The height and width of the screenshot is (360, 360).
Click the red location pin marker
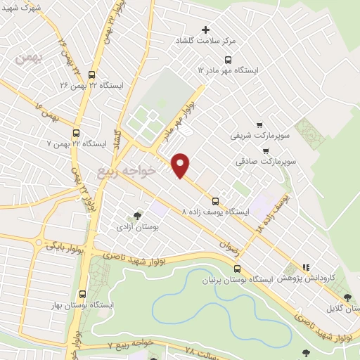coord(181,165)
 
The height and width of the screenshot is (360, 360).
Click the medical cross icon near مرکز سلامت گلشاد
coord(205,30)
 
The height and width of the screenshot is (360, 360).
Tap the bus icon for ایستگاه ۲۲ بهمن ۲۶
coord(92,73)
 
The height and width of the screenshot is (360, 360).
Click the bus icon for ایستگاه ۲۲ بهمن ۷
coord(76,132)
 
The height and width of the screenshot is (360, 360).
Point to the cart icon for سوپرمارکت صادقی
coord(265,150)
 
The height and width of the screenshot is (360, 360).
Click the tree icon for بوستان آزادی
coord(137,216)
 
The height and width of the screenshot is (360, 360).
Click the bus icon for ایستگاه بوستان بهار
coord(83,294)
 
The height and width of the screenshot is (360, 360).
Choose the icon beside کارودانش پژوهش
coord(306,267)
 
